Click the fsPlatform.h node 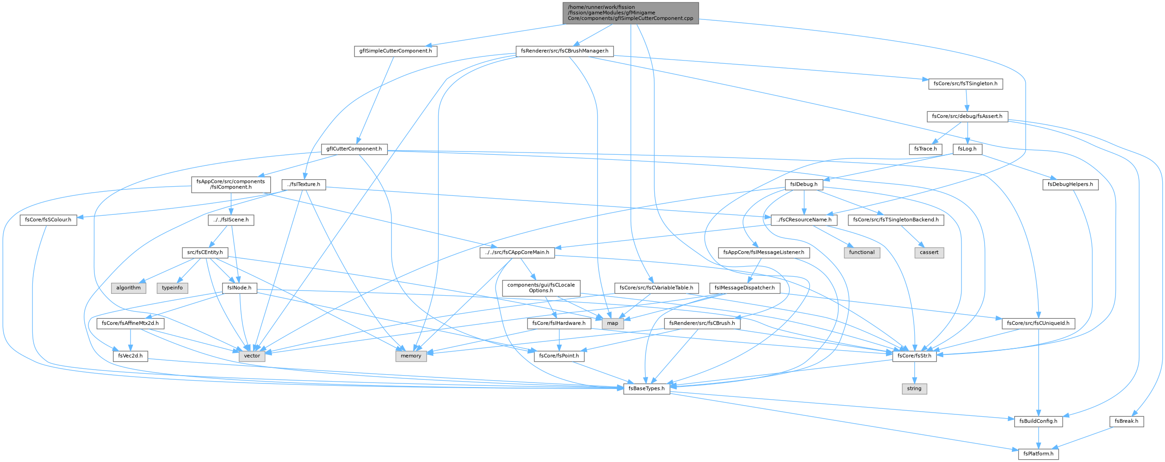[1038, 454]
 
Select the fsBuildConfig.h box [1038, 421]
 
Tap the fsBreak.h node [1126, 421]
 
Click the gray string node [914, 389]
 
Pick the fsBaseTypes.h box [646, 389]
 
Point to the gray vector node [252, 356]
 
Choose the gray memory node [411, 356]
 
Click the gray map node [612, 323]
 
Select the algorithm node [128, 288]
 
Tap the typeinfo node [172, 288]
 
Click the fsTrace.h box [925, 149]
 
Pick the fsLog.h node [967, 149]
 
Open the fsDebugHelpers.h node [1071, 184]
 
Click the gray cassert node [929, 252]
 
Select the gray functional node [861, 252]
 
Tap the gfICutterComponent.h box [354, 149]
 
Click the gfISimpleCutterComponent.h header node [396, 51]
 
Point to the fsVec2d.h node [130, 356]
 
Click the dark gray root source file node [631, 13]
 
